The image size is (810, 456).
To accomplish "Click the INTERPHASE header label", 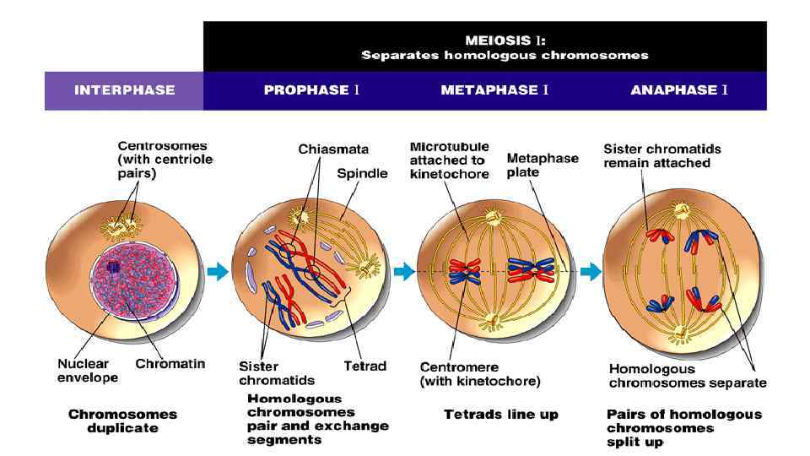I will click(x=124, y=90).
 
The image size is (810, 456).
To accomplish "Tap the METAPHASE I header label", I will click(x=494, y=90).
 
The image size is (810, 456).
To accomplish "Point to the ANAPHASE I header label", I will click(x=679, y=90).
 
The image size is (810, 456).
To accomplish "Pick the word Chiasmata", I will click(x=333, y=149).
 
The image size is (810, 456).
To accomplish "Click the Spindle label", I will click(x=362, y=173).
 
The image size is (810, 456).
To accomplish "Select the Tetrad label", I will click(x=364, y=366).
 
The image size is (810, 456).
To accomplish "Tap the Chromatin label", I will click(x=170, y=364).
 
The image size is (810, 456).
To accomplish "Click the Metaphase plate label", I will click(x=543, y=165).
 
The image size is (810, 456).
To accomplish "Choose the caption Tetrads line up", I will click(x=500, y=415).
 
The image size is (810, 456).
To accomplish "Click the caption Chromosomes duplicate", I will click(x=122, y=420).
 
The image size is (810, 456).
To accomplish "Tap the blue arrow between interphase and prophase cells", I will click(x=218, y=271).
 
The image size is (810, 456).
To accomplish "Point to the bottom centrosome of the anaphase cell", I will click(x=675, y=339).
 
